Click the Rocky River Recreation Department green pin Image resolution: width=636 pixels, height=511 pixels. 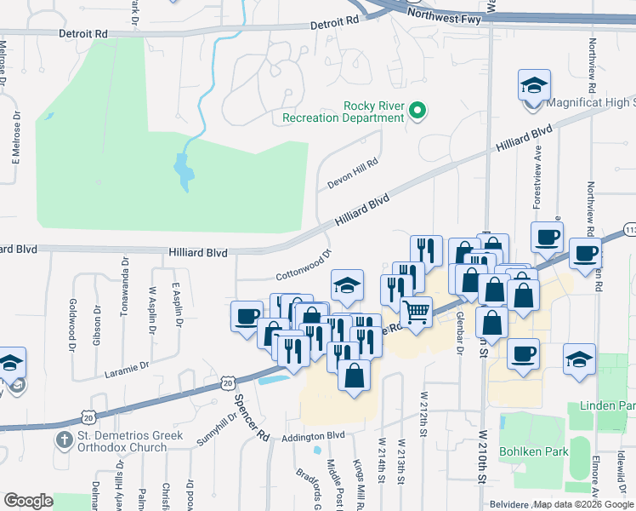[x=417, y=111]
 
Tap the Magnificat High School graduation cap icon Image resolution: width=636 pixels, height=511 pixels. [x=534, y=86]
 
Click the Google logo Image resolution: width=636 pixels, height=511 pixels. [x=28, y=501]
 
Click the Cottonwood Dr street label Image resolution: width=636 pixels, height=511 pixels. [x=303, y=266]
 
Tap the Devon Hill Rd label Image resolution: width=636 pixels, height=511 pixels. [x=352, y=174]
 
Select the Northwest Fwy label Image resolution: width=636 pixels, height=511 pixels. [x=445, y=17]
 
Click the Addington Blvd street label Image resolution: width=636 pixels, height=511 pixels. [x=315, y=435]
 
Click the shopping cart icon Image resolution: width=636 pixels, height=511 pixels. [x=417, y=312]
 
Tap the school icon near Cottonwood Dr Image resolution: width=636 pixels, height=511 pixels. [x=347, y=285]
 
